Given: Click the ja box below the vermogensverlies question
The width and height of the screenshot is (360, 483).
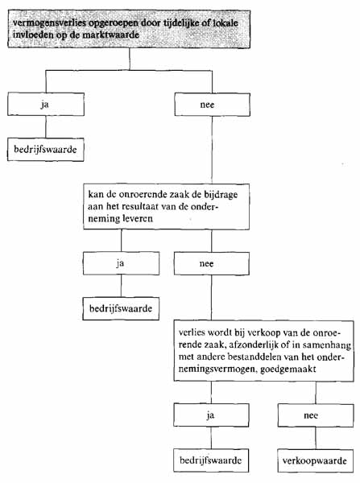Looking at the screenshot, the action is point(46,105).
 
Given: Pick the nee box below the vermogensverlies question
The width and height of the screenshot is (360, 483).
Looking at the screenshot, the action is point(212,105).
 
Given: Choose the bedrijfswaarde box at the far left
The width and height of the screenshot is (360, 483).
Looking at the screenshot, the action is point(46,150).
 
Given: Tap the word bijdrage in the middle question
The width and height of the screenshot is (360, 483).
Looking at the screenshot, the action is point(221,195).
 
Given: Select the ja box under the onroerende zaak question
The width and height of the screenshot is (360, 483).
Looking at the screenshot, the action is point(121,263).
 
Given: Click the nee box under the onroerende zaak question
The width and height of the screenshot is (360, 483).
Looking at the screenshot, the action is point(212,264).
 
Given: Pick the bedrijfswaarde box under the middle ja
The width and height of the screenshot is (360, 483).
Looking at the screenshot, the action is point(121,308).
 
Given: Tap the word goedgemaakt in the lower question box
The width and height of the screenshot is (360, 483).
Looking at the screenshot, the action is point(288,369).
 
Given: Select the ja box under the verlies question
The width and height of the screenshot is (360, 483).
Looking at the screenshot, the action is point(211,415).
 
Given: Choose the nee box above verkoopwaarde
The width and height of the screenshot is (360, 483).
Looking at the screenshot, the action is point(316,415).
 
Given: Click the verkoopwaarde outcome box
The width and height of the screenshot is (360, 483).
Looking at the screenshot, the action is point(316,460).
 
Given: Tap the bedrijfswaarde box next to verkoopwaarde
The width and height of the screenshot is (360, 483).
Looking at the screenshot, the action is point(211,460).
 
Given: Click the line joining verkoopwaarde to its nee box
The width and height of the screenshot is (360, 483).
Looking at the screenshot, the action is point(316,438).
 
